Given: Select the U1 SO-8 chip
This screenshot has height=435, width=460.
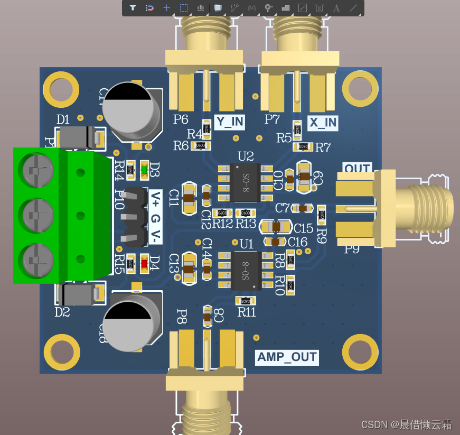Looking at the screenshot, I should point(246,270).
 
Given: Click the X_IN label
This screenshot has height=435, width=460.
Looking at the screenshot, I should point(323,123).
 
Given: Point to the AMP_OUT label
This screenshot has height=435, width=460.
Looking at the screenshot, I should point(287,357).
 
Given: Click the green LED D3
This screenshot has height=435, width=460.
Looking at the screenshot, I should point(145,170).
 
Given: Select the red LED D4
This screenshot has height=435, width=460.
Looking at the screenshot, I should point(144,263).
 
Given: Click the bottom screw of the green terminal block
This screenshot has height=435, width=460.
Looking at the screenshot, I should point(36,260).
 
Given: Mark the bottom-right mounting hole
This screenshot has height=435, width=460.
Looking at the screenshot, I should point(361,353).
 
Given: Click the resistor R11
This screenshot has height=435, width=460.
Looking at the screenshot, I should point(246,301).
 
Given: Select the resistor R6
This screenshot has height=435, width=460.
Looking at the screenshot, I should point(200,145).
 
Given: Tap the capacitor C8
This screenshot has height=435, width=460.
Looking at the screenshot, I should point(208,317).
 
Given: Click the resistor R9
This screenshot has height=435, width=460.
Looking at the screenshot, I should point(321,215).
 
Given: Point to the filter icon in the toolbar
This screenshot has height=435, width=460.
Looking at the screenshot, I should point(133,8).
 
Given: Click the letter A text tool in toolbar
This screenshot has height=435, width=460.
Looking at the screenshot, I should point(336,8).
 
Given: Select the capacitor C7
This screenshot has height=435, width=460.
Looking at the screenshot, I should point(302,208).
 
